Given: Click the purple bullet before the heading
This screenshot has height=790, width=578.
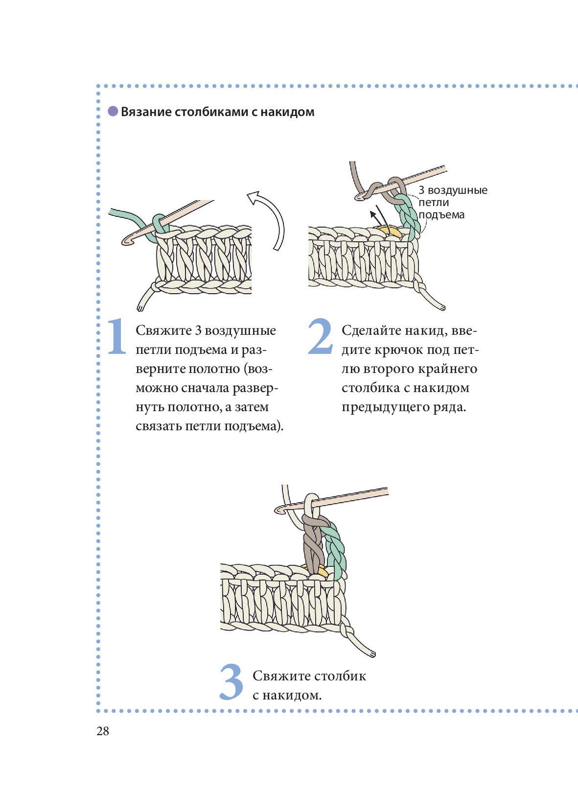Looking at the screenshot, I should [x=113, y=111].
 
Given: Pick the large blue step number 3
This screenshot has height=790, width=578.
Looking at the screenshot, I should [x=231, y=681].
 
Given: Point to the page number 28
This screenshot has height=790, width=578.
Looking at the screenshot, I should [x=103, y=731].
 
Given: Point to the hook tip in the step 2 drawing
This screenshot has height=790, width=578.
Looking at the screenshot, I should [x=360, y=197].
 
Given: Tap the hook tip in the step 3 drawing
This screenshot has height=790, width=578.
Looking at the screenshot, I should [x=280, y=510].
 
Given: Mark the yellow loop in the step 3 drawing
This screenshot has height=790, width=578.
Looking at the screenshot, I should [x=320, y=571].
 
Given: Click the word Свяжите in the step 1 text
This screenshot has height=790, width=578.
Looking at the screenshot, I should [x=163, y=330].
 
